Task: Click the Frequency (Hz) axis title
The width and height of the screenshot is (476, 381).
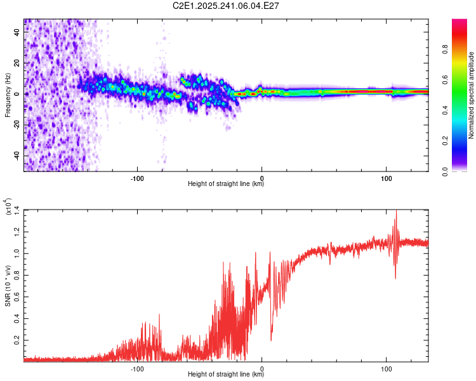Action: (x=8, y=95)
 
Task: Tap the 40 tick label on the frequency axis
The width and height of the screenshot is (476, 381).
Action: (x=17, y=32)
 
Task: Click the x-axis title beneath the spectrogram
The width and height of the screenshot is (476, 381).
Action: (x=226, y=184)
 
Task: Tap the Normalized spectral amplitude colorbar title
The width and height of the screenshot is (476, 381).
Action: (x=472, y=95)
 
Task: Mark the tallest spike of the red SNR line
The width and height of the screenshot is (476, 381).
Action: (x=396, y=211)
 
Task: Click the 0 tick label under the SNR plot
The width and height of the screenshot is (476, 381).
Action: (x=262, y=368)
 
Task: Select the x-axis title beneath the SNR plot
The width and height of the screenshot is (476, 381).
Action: (x=226, y=375)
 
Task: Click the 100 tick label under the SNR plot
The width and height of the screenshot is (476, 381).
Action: (x=386, y=368)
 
